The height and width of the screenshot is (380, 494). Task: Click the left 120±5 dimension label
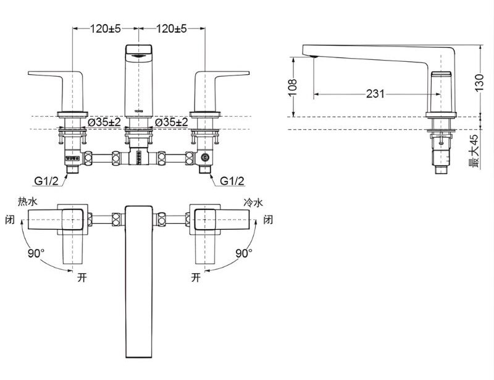point(106,29)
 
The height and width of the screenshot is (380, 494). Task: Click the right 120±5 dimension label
point(172,29)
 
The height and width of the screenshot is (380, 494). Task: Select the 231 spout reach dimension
point(375,94)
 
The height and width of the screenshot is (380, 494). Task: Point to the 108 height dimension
point(293,85)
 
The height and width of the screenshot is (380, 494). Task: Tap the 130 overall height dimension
point(479,83)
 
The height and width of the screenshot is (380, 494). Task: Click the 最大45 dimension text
point(474,151)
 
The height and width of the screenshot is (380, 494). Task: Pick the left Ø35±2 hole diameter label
point(104,122)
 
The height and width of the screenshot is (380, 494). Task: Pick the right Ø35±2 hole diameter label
point(172,122)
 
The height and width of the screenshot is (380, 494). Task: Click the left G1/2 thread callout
point(46,181)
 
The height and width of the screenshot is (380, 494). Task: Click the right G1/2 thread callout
point(232,181)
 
